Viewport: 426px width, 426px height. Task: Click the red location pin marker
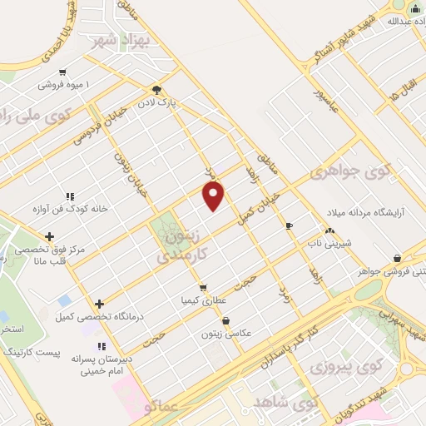click(x=215, y=196)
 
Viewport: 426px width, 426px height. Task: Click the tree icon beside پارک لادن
click(x=157, y=91)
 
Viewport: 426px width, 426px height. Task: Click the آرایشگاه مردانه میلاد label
click(x=373, y=212)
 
